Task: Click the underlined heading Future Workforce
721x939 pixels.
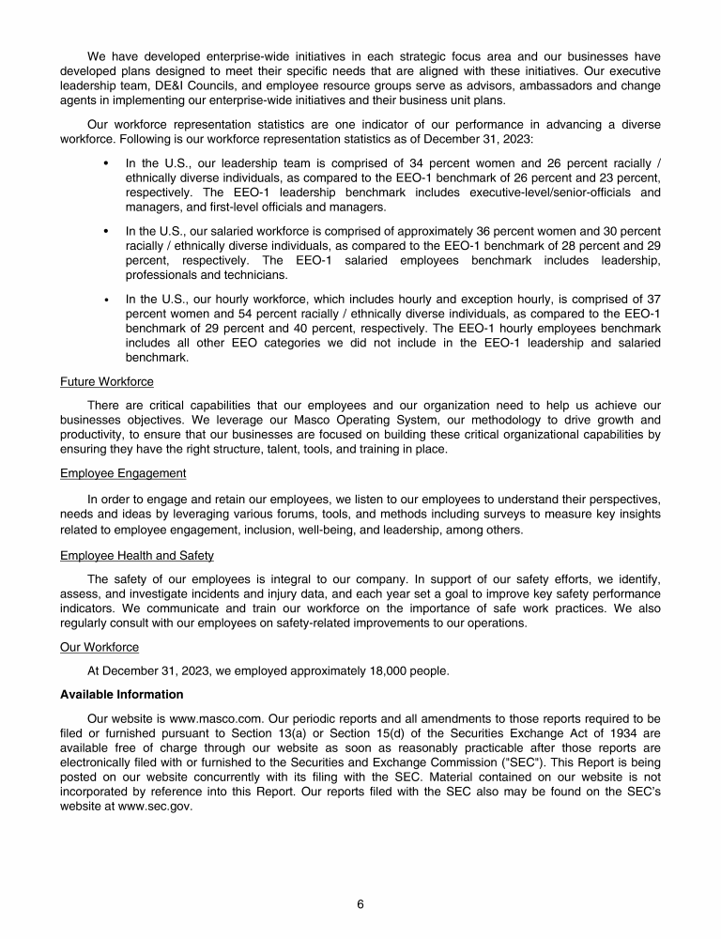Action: (107, 382)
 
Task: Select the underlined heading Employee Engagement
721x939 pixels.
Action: (123, 473)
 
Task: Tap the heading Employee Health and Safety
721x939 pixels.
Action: (137, 556)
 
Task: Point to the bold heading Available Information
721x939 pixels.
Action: (121, 695)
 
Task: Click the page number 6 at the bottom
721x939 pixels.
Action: (360, 904)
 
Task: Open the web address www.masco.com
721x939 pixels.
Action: (210, 718)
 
